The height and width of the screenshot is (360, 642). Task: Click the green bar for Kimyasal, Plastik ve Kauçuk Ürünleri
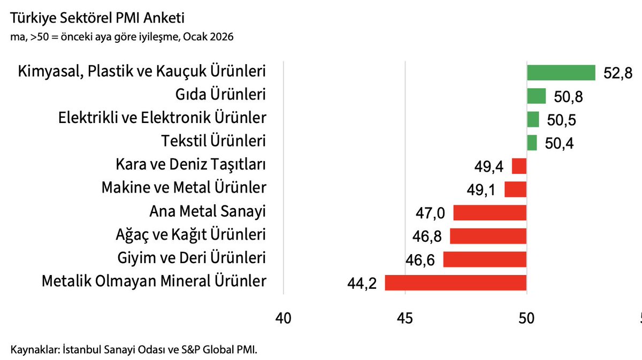pyautogui.click(x=561, y=73)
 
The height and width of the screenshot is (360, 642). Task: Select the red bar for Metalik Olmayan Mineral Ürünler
pyautogui.click(x=456, y=282)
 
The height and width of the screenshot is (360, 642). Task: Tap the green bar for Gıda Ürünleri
pyautogui.click(x=536, y=96)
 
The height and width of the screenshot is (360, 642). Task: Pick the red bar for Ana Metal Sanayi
pyautogui.click(x=490, y=213)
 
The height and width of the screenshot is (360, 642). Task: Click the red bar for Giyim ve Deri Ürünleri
pyautogui.click(x=485, y=259)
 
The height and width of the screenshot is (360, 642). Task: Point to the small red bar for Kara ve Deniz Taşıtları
pyautogui.click(x=519, y=166)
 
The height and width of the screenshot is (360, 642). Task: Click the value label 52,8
pyautogui.click(x=618, y=74)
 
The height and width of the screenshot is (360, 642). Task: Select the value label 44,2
pyautogui.click(x=362, y=284)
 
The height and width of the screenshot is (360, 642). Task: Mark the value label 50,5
pyautogui.click(x=561, y=120)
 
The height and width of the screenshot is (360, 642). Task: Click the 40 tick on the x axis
pyautogui.click(x=284, y=318)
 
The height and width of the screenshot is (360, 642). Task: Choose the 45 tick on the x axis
pyautogui.click(x=405, y=318)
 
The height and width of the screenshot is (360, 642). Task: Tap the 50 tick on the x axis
pyautogui.click(x=527, y=318)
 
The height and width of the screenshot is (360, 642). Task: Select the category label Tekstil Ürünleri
pyautogui.click(x=213, y=141)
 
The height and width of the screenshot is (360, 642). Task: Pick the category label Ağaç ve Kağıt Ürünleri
pyautogui.click(x=190, y=235)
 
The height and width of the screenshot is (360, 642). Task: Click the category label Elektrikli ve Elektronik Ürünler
pyautogui.click(x=162, y=118)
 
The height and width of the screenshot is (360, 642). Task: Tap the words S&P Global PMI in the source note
pyautogui.click(x=222, y=350)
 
